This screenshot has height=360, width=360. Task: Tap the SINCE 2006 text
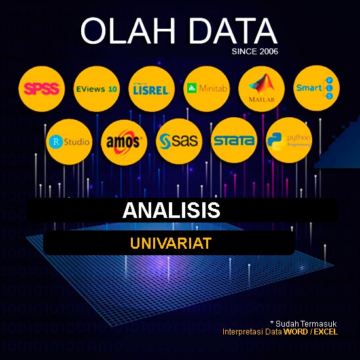coord(255,51)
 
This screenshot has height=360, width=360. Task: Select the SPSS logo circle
coord(41,88)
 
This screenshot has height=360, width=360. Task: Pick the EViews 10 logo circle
coord(96,88)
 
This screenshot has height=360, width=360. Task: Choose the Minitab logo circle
coord(206,88)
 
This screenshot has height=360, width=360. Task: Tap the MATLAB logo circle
coord(261,88)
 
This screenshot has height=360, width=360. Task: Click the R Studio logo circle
coord(69,140)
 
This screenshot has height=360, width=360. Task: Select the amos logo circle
coord(123,140)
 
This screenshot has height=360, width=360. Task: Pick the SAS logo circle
coord(179,140)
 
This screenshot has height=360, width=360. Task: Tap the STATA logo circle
coord(233,140)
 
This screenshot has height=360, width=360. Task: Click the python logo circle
coord(289,140)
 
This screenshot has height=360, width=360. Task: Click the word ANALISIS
coord(171,211)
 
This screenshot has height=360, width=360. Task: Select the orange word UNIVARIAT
coord(170,243)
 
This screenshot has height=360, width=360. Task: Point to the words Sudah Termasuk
coord(306,323)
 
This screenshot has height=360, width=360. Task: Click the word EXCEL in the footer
coord(325,332)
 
